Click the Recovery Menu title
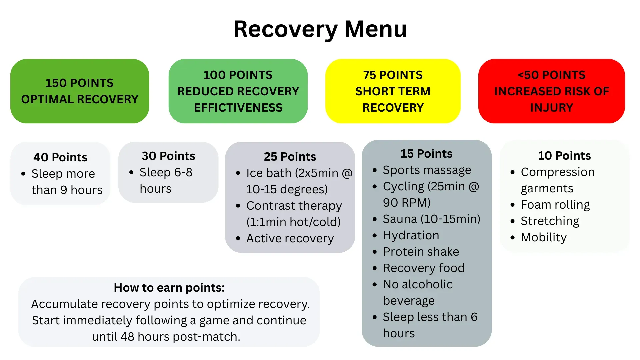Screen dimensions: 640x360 [320, 29]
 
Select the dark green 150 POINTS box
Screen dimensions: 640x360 [80, 91]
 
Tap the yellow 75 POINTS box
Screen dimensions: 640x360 [393, 91]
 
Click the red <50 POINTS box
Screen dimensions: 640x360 [552, 91]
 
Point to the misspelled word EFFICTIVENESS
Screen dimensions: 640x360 [238, 108]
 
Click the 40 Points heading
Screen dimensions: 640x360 [60, 157]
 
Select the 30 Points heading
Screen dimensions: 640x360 [168, 156]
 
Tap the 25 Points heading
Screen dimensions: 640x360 [290, 156]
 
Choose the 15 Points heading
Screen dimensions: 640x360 [426, 153]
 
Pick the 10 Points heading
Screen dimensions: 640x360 [564, 155]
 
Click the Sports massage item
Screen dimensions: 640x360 [427, 170]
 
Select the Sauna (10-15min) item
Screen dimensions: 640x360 [432, 219]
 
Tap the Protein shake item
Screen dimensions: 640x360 [421, 252]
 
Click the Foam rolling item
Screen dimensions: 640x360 [555, 205]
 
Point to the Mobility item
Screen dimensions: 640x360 [544, 237]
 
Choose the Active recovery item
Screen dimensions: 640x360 [290, 238]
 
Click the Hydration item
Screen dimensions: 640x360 [411, 235]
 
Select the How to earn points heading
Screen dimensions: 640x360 [169, 287]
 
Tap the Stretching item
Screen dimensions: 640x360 [550, 221]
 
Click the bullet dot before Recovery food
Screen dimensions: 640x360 [375, 268]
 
